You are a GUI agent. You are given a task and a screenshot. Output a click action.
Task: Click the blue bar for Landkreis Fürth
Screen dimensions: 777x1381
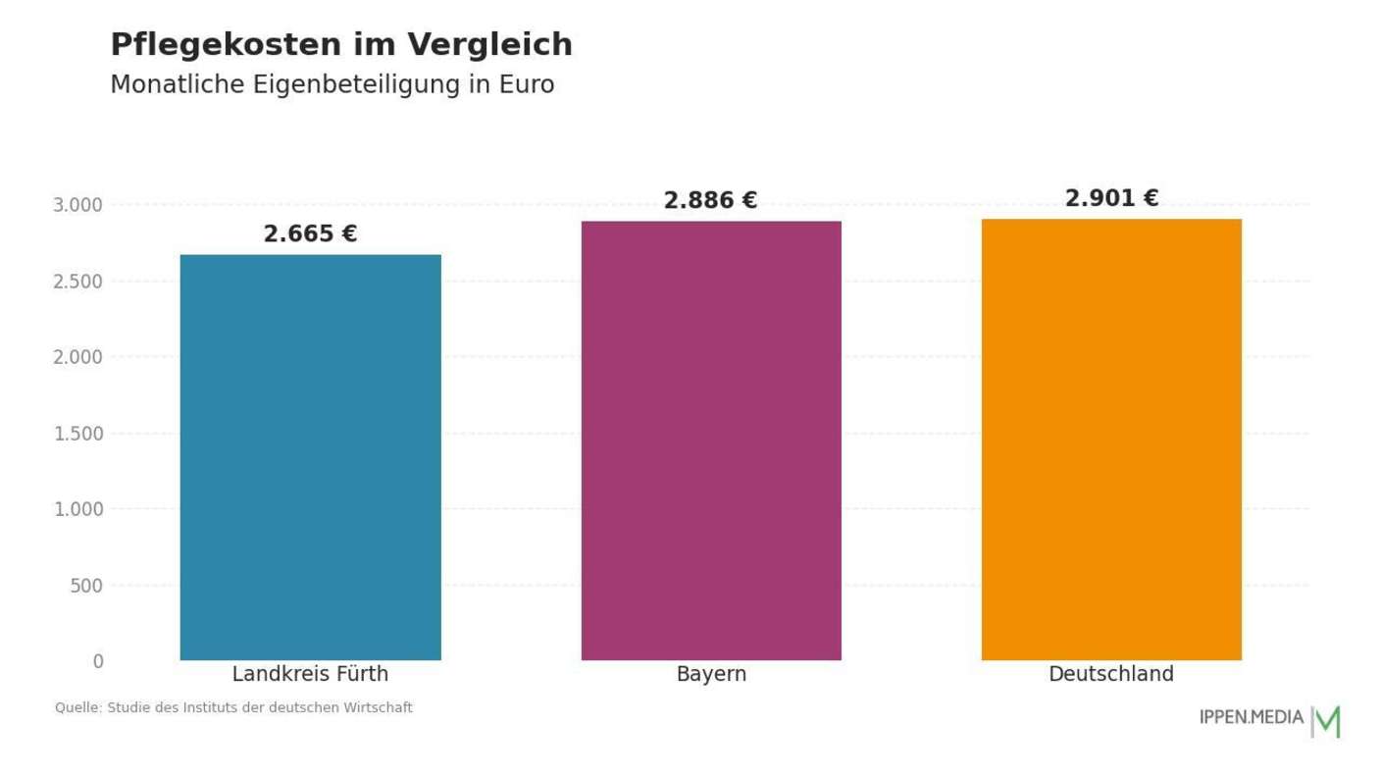tap(310, 457)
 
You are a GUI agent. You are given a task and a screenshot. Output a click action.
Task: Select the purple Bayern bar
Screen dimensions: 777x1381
tap(711, 440)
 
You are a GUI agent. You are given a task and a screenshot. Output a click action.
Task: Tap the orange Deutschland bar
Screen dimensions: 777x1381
tap(1111, 440)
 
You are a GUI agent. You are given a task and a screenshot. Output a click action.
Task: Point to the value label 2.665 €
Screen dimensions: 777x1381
tap(310, 234)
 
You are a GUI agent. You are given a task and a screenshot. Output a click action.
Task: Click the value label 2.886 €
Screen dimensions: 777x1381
tap(710, 201)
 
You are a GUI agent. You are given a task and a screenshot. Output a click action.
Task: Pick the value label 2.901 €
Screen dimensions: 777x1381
tap(1111, 199)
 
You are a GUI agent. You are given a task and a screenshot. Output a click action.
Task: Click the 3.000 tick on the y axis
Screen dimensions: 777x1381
tap(77, 205)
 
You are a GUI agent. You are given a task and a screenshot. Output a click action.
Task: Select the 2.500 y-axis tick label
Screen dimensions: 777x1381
tap(77, 282)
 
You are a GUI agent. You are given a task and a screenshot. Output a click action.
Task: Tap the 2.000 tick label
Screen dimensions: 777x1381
tap(77, 357)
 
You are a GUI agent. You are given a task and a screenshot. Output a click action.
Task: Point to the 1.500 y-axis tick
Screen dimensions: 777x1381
tap(77, 434)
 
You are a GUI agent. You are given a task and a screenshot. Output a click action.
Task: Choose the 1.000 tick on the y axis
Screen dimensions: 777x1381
tap(77, 509)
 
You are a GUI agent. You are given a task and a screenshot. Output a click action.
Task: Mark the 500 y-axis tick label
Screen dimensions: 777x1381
tap(86, 586)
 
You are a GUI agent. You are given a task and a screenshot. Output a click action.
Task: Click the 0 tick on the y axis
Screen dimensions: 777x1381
tap(98, 662)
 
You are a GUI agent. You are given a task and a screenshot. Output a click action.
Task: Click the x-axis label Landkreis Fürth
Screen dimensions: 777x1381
tap(310, 675)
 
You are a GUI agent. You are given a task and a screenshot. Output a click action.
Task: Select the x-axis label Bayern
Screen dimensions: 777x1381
tap(711, 675)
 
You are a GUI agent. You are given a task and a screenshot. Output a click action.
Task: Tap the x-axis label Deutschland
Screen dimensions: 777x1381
tap(1111, 675)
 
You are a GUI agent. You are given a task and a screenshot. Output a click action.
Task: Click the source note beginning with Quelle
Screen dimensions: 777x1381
tap(233, 707)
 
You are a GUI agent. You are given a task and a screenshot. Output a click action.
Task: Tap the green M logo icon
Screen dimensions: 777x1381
tap(1327, 721)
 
